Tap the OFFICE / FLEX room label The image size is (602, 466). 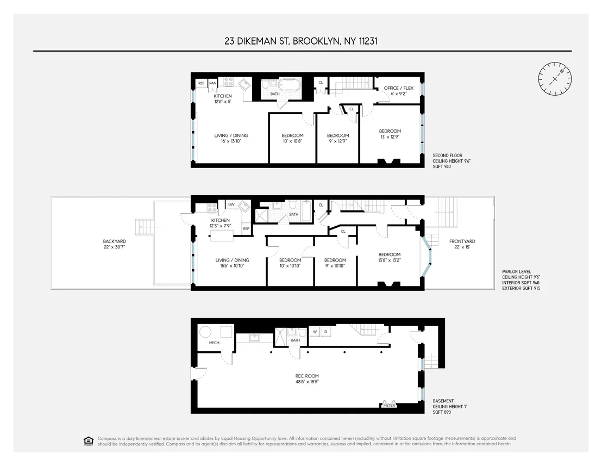(398, 88)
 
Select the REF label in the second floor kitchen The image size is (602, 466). (202, 83)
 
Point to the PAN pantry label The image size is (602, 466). (212, 83)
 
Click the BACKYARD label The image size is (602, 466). (115, 241)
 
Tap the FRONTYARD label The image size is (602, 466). (462, 241)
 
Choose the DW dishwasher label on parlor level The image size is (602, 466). (231, 204)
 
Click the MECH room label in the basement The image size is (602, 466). (214, 343)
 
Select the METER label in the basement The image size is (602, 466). (389, 405)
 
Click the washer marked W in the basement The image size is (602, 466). (315, 332)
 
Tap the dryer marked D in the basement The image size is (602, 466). (325, 332)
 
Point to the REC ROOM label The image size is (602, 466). (307, 376)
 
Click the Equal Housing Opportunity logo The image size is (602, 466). (89, 441)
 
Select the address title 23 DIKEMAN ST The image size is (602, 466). (256, 41)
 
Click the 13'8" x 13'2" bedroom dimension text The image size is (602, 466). (390, 260)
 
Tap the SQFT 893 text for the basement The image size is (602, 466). (442, 412)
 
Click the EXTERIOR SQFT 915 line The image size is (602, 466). (521, 288)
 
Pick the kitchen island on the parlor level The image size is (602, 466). (222, 235)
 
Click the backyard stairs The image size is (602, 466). (146, 227)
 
